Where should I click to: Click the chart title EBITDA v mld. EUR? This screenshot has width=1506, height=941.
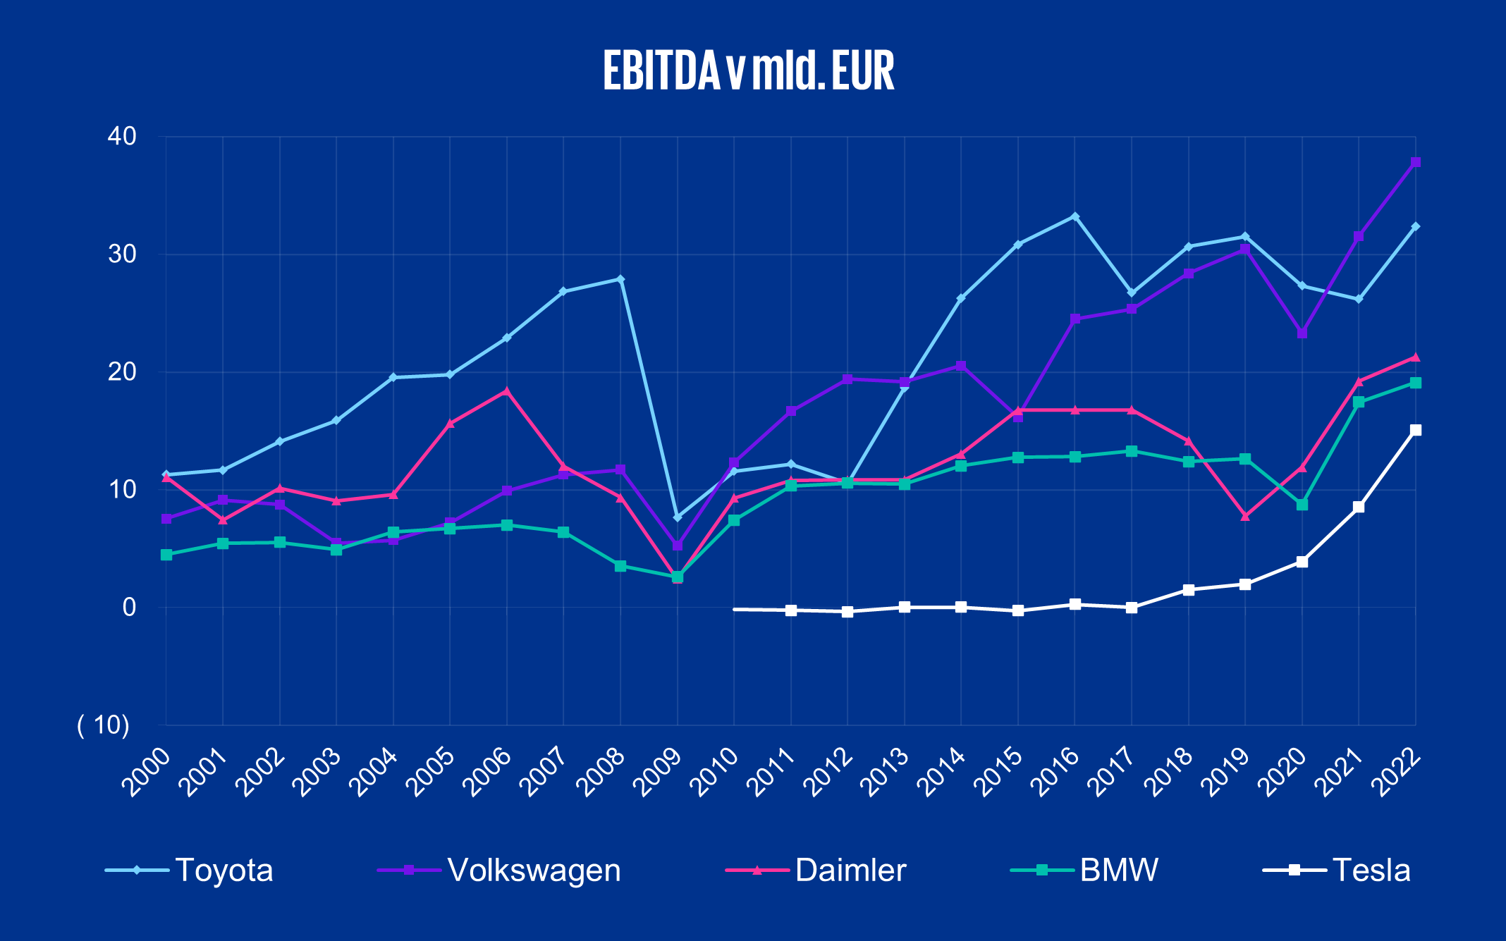pyautogui.click(x=749, y=71)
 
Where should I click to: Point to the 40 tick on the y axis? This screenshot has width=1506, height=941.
pyautogui.click(x=122, y=136)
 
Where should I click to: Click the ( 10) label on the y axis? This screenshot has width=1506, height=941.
pyautogui.click(x=104, y=725)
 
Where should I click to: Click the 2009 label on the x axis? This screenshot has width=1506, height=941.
pyautogui.click(x=659, y=773)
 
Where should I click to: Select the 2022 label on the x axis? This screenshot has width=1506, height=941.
pyautogui.click(x=1397, y=773)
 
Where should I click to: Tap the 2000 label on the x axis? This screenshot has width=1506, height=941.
pyautogui.click(x=147, y=773)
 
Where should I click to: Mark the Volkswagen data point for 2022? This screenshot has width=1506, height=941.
pyautogui.click(x=1415, y=162)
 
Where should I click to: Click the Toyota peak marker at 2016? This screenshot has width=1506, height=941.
pyautogui.click(x=1075, y=216)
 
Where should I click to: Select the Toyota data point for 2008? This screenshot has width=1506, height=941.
pyautogui.click(x=620, y=279)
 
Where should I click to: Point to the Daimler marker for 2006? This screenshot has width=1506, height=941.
pyautogui.click(x=506, y=390)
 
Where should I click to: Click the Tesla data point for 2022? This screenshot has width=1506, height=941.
pyautogui.click(x=1415, y=430)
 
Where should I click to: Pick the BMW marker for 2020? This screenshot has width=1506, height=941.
pyautogui.click(x=1302, y=505)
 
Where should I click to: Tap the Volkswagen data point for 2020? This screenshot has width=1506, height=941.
pyautogui.click(x=1302, y=333)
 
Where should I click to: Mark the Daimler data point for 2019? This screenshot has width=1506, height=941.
pyautogui.click(x=1245, y=517)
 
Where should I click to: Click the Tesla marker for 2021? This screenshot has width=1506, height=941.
pyautogui.click(x=1358, y=507)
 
